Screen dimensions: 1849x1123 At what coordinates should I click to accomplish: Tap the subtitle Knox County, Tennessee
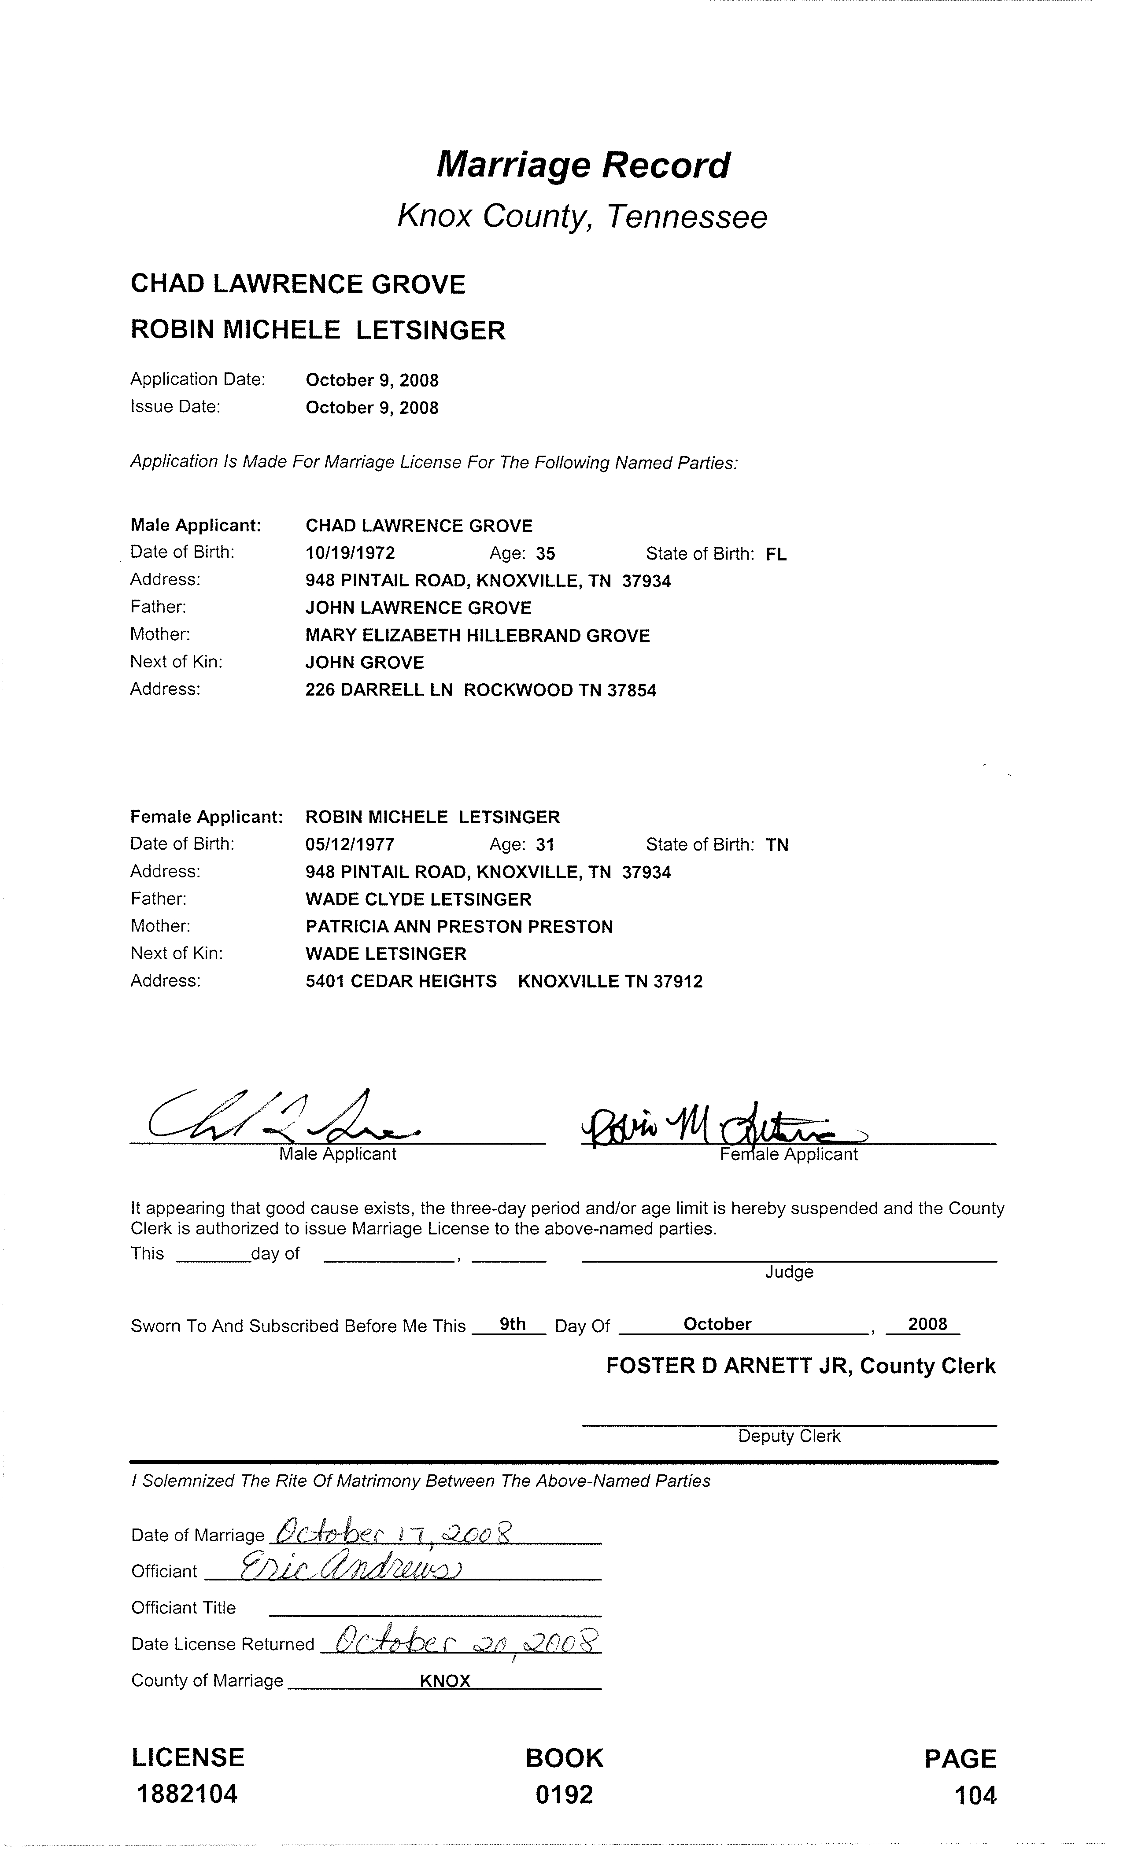pos(582,217)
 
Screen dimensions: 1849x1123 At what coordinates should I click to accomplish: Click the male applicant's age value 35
pos(546,554)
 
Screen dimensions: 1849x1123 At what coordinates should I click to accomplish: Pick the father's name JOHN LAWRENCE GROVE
pos(418,608)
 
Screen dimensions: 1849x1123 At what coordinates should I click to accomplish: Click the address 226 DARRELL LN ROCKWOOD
pos(480,690)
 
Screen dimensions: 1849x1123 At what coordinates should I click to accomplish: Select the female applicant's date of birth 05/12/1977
pos(350,845)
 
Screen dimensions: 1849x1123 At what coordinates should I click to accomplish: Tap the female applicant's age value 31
pos(545,845)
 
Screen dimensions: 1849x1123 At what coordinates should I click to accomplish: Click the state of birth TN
pos(777,846)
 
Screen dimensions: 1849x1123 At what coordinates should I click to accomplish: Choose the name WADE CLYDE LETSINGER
pos(418,899)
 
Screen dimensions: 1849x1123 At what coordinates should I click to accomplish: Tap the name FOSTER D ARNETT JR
pos(728,1366)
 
